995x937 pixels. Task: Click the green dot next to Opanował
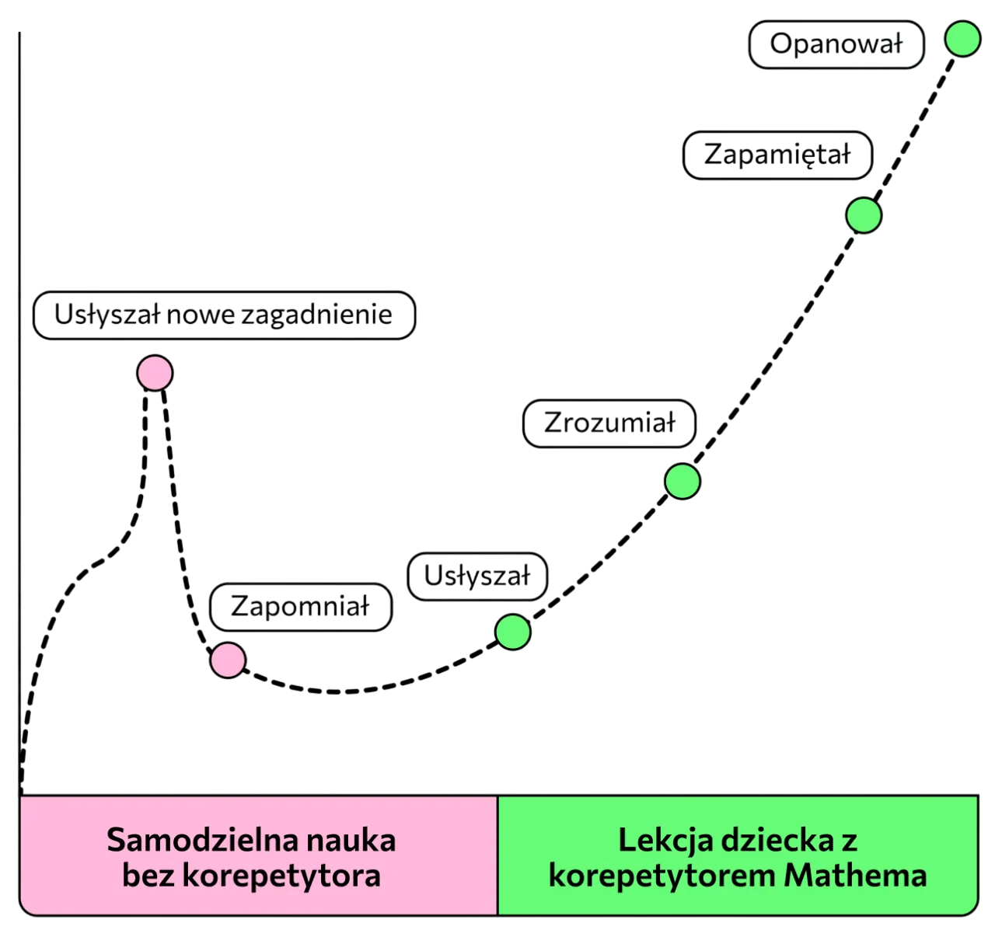point(962,40)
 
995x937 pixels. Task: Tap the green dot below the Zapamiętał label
point(863,215)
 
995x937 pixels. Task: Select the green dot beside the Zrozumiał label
point(683,481)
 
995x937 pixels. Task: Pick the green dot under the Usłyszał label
point(513,631)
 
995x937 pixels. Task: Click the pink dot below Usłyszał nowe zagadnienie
point(154,374)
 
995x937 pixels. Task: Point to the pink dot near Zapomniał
point(229,660)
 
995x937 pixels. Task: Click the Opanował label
point(836,45)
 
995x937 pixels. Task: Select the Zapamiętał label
point(777,155)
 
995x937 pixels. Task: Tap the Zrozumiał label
point(609,423)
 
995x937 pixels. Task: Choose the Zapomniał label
point(300,607)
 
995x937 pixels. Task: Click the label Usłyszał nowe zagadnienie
point(224,315)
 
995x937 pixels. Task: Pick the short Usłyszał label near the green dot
point(477,576)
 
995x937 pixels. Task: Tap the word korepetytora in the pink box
point(281,876)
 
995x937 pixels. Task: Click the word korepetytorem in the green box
point(662,876)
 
